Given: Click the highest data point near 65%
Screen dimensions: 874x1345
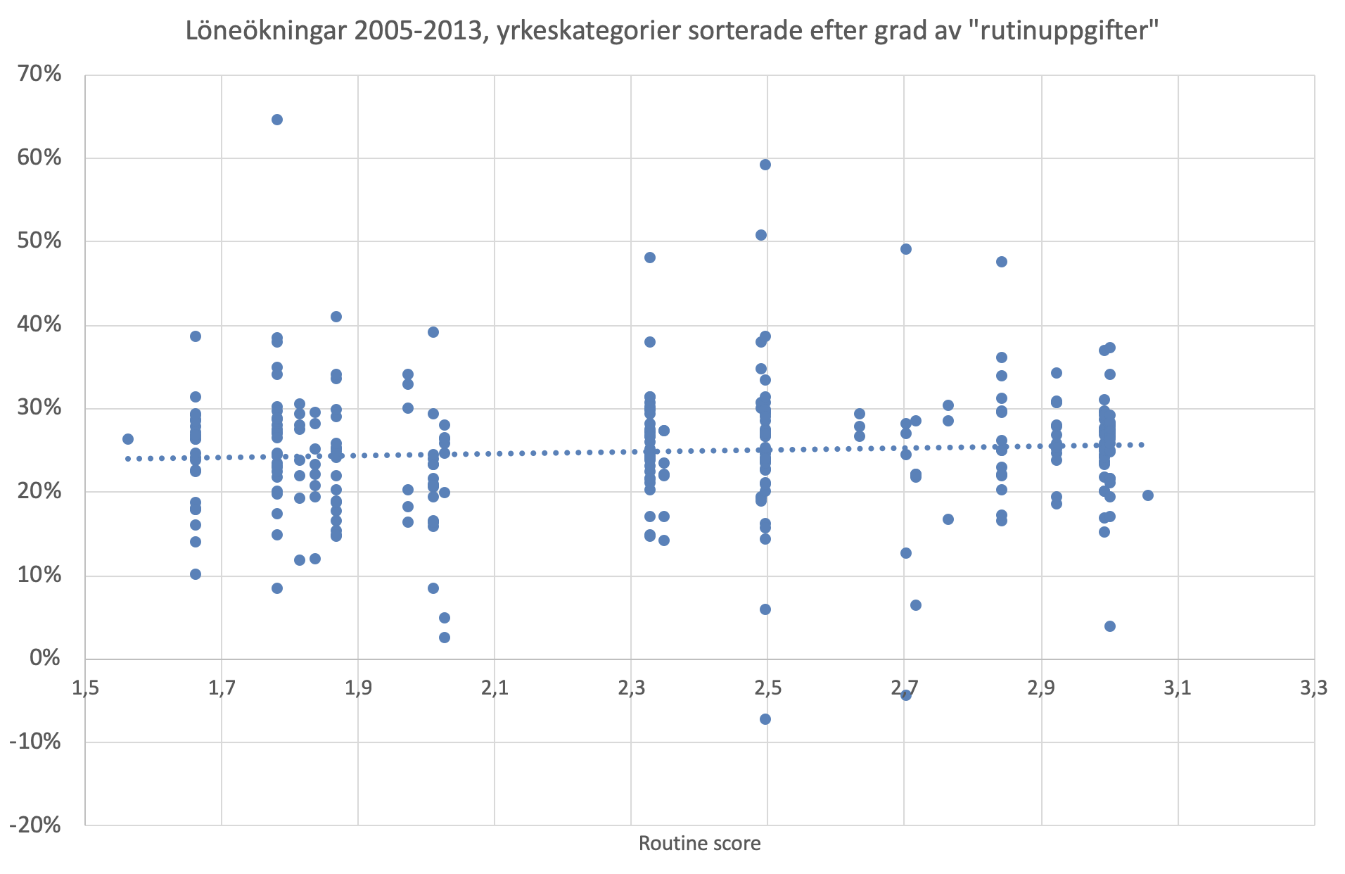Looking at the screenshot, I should coord(277,120).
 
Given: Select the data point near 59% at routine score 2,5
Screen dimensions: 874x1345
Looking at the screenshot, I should coord(765,165).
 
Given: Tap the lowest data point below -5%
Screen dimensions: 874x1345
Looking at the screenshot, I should coord(765,719).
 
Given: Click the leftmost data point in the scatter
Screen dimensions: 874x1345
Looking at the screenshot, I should coord(128,439).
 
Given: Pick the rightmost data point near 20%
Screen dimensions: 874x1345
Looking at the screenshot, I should coord(1148,495).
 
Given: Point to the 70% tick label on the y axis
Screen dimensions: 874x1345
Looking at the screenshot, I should coord(39,74).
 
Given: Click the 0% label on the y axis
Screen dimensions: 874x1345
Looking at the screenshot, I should coord(45,658).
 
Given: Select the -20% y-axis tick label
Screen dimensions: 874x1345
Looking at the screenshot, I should coord(35,825).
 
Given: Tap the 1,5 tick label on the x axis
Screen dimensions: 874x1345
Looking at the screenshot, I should coord(85,688).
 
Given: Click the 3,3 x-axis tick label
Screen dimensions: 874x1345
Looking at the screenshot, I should coord(1313,688).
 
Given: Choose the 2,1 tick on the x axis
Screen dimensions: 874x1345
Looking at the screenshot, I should coord(495,688).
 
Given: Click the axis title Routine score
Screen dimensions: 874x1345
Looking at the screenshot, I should coord(699,844).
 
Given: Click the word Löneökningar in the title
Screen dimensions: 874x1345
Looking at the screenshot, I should coord(267,31).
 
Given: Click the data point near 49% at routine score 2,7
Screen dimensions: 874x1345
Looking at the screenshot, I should coord(906,249).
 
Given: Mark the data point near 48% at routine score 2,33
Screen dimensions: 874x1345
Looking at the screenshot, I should coord(650,258).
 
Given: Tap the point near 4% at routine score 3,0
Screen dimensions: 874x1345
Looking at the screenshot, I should coord(1110,626).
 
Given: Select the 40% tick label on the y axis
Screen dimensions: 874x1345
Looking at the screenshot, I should coord(39,324).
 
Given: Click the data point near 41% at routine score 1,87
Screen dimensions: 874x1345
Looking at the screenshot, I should coord(336,317).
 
